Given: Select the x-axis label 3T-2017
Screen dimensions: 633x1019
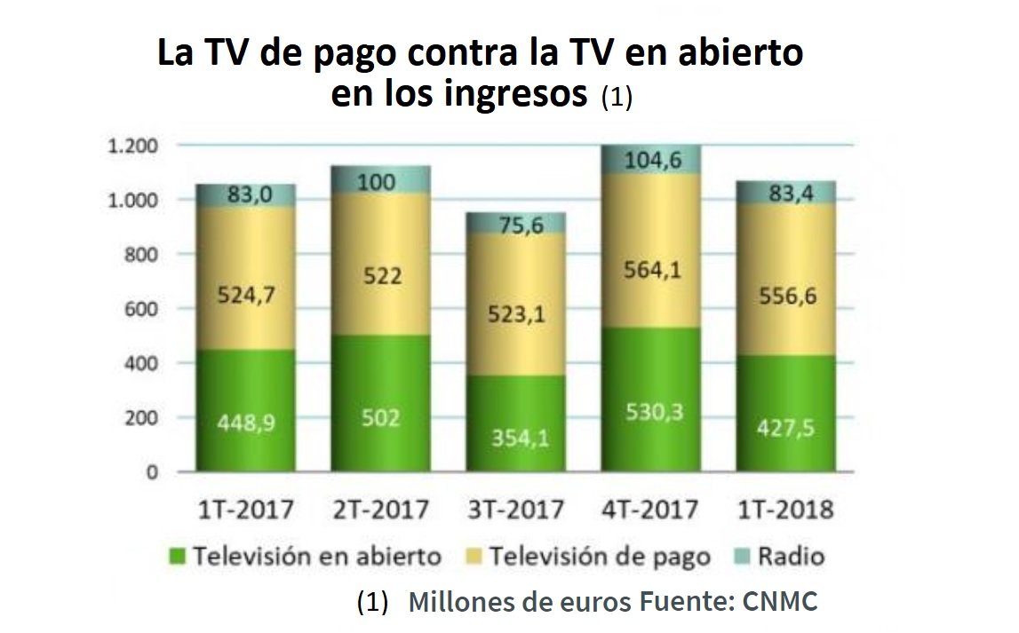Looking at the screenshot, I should tap(515, 510).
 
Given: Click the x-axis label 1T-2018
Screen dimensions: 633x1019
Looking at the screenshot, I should tap(785, 510).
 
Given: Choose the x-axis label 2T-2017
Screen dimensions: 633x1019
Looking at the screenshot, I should tap(380, 510).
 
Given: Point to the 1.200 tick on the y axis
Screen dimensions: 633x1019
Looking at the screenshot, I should tap(131, 146).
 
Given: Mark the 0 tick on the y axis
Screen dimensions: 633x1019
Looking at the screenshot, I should tap(152, 472).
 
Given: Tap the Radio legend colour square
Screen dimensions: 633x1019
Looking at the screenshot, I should tap(743, 557).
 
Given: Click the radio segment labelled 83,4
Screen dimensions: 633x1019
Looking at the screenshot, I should tap(785, 192).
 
